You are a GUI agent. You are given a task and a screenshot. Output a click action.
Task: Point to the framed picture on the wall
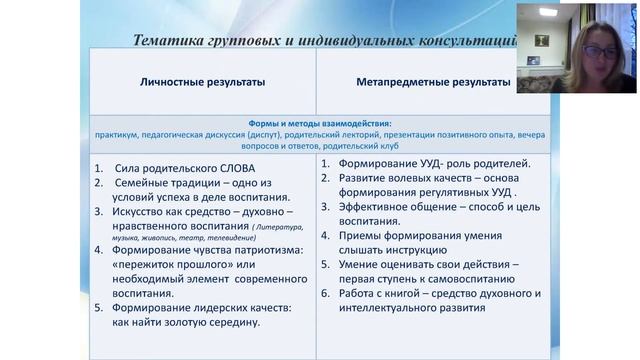pos(540,41)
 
